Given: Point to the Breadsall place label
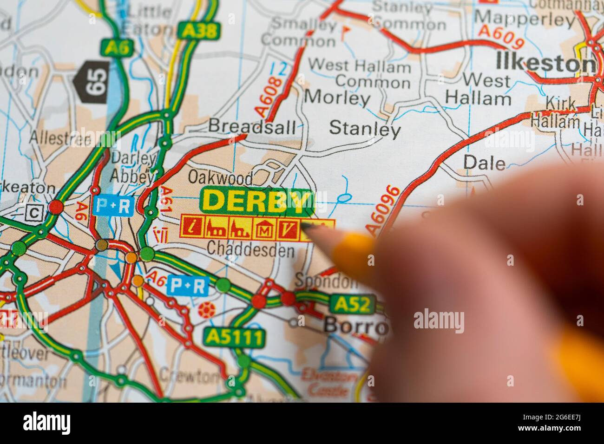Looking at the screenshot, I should click(x=251, y=125).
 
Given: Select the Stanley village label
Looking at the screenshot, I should click(x=365, y=129).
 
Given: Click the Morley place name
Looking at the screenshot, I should click(x=337, y=98).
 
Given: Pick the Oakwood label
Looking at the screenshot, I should click(x=220, y=177).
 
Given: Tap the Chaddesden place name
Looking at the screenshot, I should click(x=250, y=250).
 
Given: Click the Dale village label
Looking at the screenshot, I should click(x=484, y=163).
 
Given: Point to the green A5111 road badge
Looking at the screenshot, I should click(x=234, y=336).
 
